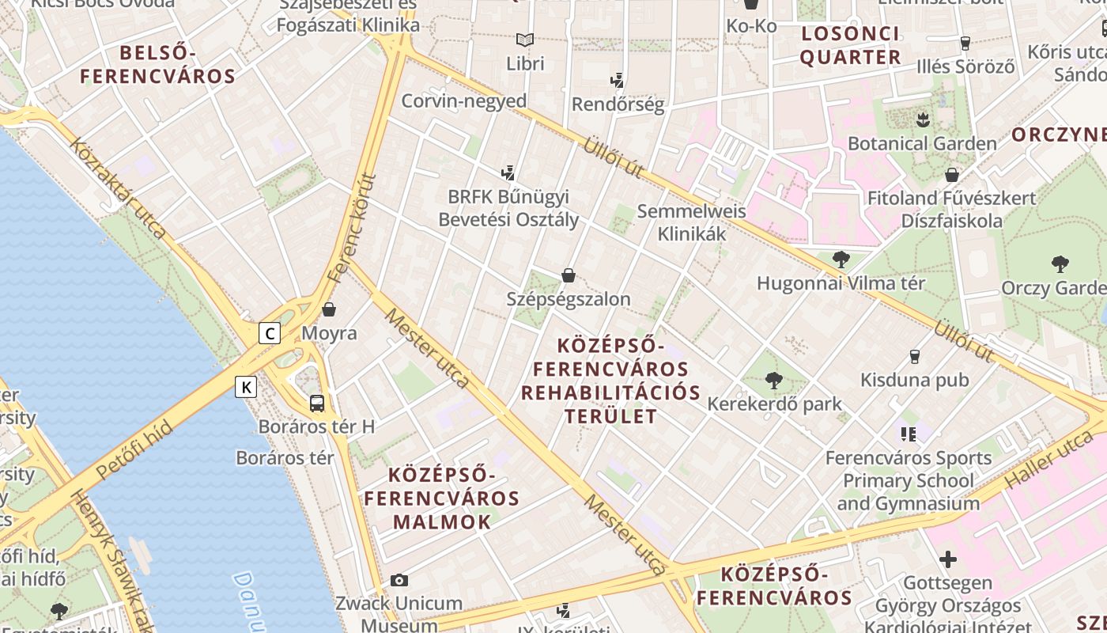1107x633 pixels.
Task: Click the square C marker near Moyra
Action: point(270,333)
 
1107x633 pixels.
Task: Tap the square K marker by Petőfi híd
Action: point(247,387)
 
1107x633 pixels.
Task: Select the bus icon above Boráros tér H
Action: point(316,403)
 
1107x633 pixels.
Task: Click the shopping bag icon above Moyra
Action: point(329,309)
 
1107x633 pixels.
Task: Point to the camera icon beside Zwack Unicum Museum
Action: point(399,580)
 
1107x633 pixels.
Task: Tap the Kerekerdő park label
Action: point(774,404)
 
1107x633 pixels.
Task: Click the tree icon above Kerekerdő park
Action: point(774,381)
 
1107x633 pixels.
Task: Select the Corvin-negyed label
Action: point(464,101)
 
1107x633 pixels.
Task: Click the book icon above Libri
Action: point(525,40)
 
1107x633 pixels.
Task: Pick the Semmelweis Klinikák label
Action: point(692,222)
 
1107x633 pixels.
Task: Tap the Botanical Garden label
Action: point(922,144)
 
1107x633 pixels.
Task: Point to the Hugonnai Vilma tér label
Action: point(841,283)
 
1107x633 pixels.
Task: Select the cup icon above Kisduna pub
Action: point(915,357)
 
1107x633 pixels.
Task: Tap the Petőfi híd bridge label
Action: point(134,453)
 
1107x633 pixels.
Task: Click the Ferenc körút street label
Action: point(353,229)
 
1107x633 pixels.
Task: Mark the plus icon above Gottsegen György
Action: point(947,560)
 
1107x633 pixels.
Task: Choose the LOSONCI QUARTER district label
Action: point(851,45)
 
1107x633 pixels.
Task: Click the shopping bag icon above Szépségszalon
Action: point(568,275)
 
